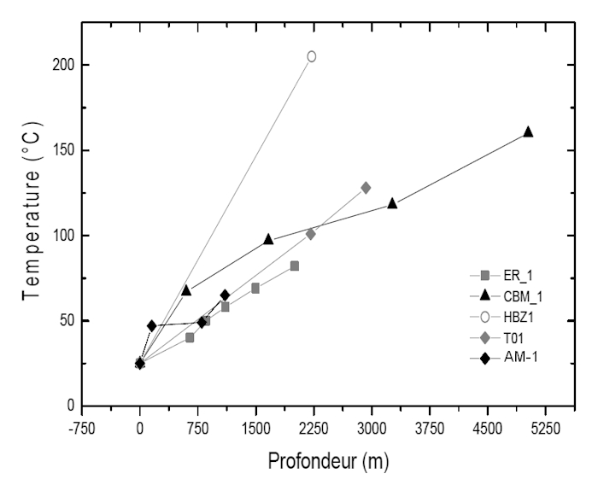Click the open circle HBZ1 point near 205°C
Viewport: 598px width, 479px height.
[x=312, y=56]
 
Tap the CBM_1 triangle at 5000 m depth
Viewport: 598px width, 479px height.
[x=528, y=131]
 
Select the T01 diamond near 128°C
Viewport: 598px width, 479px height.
[x=366, y=188]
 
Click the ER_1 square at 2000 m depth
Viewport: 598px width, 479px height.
[x=295, y=266]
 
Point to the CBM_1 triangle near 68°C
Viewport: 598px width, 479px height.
[x=186, y=290]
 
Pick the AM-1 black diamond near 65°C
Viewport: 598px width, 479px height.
[x=225, y=295]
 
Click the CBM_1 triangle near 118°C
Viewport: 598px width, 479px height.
[x=392, y=203]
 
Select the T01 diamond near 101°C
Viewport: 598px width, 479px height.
[x=310, y=234]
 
